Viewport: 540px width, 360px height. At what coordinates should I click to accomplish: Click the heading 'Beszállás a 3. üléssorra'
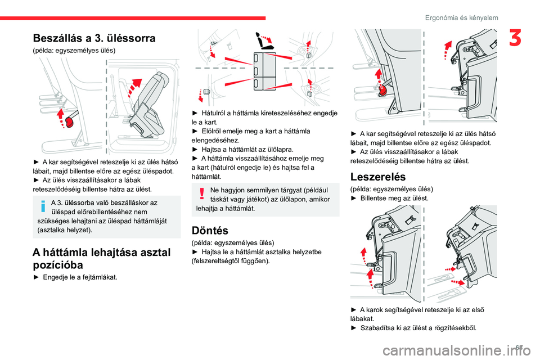point(94,38)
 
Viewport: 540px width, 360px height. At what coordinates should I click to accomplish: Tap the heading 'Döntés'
point(210,230)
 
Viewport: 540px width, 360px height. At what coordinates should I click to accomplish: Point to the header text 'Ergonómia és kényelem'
point(462,18)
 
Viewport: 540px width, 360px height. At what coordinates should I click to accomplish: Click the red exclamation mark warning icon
point(201,194)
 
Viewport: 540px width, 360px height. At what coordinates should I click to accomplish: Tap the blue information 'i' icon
point(43,207)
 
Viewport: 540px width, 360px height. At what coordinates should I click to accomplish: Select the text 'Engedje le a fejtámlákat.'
point(80,277)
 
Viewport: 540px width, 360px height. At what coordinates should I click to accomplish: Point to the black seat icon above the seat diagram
point(263,40)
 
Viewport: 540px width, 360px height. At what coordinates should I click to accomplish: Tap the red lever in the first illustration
point(70,121)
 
